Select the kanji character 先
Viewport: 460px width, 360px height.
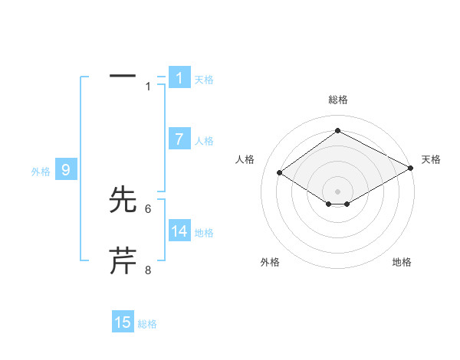click(x=123, y=200)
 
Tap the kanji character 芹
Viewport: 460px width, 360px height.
click(x=123, y=261)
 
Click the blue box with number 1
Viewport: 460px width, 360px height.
click(x=179, y=77)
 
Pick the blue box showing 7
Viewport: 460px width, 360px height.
click(x=179, y=139)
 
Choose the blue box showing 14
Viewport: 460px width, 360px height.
click(x=179, y=231)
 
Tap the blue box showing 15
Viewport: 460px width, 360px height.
click(x=123, y=322)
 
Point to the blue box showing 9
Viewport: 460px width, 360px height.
click(x=66, y=170)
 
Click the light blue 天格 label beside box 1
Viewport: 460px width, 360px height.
click(x=204, y=79)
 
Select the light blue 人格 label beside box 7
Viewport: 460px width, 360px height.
click(x=204, y=141)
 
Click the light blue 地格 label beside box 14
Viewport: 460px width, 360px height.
click(x=204, y=233)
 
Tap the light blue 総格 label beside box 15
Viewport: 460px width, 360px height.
click(x=147, y=324)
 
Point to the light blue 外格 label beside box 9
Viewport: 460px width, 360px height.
click(x=41, y=172)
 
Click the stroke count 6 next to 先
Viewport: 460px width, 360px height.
click(x=148, y=208)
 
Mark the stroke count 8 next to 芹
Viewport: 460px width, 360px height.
click(x=148, y=270)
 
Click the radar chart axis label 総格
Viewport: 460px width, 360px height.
click(x=337, y=100)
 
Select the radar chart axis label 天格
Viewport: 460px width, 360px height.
click(x=431, y=159)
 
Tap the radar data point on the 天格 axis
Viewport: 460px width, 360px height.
click(x=412, y=169)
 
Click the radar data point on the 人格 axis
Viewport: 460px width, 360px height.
click(x=280, y=173)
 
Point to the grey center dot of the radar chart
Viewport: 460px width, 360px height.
click(x=337, y=191)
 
